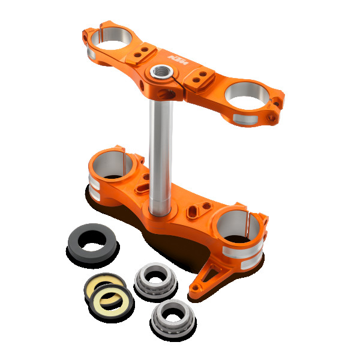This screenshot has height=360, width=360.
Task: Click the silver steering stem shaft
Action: tap(161, 150)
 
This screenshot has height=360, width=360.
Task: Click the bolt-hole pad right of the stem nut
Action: tap(201, 78)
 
